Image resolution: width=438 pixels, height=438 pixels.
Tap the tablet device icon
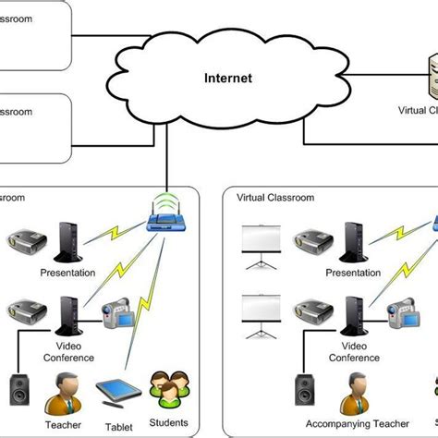119,391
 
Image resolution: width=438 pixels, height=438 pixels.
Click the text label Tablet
118,426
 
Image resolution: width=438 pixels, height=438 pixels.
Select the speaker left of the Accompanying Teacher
303,391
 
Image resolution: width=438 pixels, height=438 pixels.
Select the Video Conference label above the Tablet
68,351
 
